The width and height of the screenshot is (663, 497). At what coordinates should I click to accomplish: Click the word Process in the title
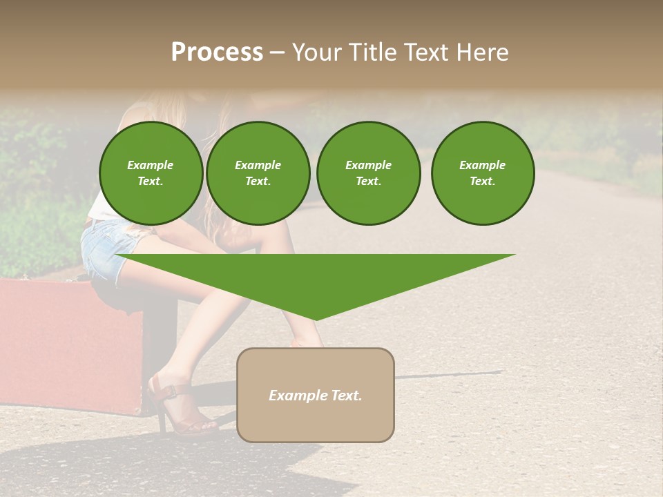[217, 52]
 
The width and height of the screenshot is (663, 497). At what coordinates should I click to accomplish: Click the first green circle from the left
[151, 173]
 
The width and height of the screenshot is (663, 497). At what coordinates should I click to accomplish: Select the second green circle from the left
[258, 173]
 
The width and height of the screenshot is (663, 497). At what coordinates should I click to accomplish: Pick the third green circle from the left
[368, 173]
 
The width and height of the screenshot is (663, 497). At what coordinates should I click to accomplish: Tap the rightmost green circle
[483, 173]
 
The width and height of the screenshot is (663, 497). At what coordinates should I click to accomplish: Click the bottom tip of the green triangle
[316, 319]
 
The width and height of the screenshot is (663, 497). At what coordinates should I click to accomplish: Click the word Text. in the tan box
[345, 396]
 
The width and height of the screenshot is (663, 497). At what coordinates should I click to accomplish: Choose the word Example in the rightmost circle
[483, 165]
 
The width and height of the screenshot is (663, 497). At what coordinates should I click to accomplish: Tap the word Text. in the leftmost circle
[151, 182]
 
